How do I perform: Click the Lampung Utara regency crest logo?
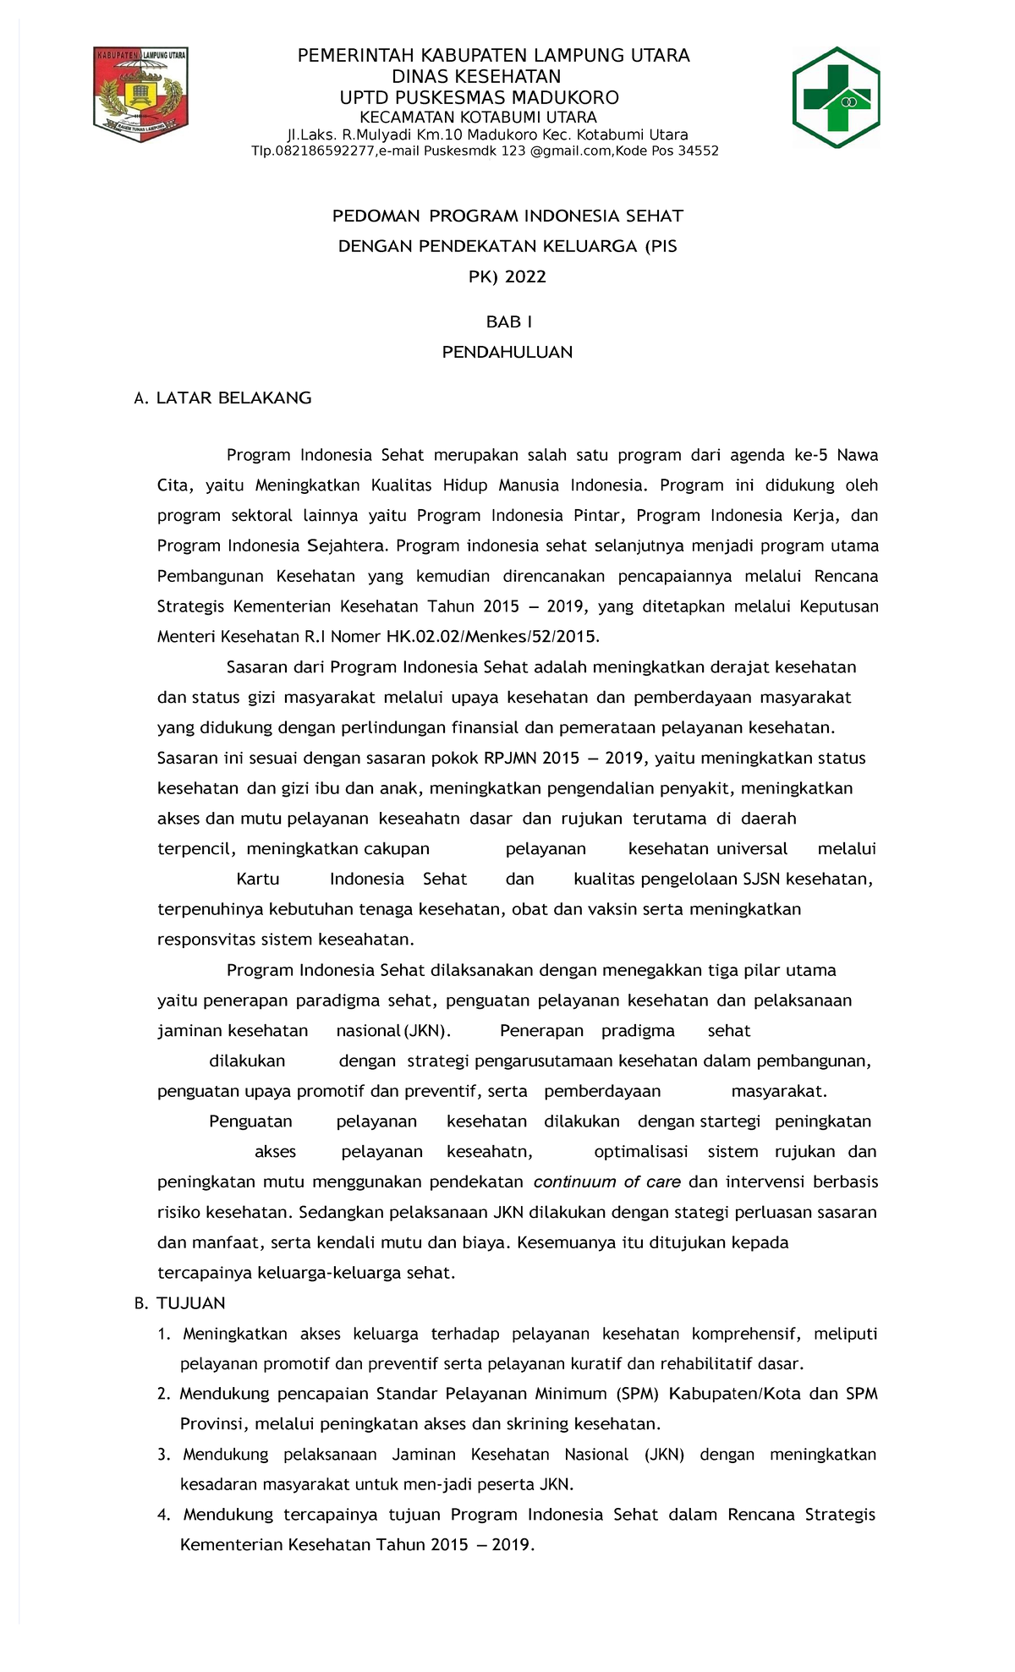[140, 94]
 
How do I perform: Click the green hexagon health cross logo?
[836, 97]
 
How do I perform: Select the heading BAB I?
[508, 322]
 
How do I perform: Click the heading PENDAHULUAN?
[507, 352]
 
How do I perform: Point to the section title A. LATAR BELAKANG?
[223, 397]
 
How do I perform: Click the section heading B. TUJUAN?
[180, 1303]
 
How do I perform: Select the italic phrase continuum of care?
[606, 1182]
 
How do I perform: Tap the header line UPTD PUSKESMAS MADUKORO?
[479, 97]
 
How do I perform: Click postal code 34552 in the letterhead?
[699, 151]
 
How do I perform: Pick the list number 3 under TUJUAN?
[163, 1455]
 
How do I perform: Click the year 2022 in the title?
[525, 277]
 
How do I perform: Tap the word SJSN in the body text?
[762, 879]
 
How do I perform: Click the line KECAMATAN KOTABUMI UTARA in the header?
[479, 118]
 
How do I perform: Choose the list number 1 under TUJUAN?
[163, 1334]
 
